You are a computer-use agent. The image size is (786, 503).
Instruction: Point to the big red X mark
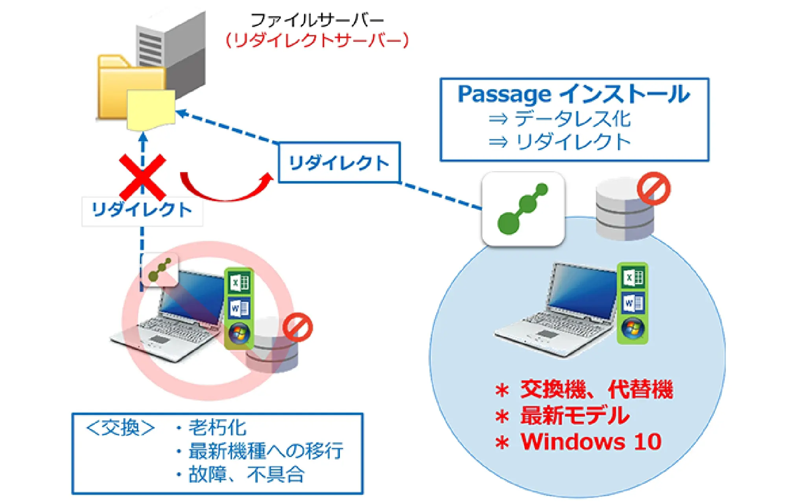coord(142,177)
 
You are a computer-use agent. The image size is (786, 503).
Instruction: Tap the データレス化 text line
coord(572,119)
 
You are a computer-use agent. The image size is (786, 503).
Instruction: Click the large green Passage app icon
coord(523,209)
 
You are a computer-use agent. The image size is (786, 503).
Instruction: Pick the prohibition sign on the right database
coord(653,188)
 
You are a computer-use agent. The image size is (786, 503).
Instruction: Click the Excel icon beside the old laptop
coord(239,283)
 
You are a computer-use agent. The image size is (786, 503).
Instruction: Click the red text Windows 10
coord(591,442)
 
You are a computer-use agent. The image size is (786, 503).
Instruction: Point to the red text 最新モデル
coord(575,415)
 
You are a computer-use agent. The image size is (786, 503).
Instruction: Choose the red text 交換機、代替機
coord(596,389)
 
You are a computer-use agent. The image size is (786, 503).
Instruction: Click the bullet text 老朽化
coord(217,428)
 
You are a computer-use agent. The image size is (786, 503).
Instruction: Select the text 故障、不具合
coord(246,474)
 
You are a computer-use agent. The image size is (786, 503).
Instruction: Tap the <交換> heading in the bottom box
coord(120,428)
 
